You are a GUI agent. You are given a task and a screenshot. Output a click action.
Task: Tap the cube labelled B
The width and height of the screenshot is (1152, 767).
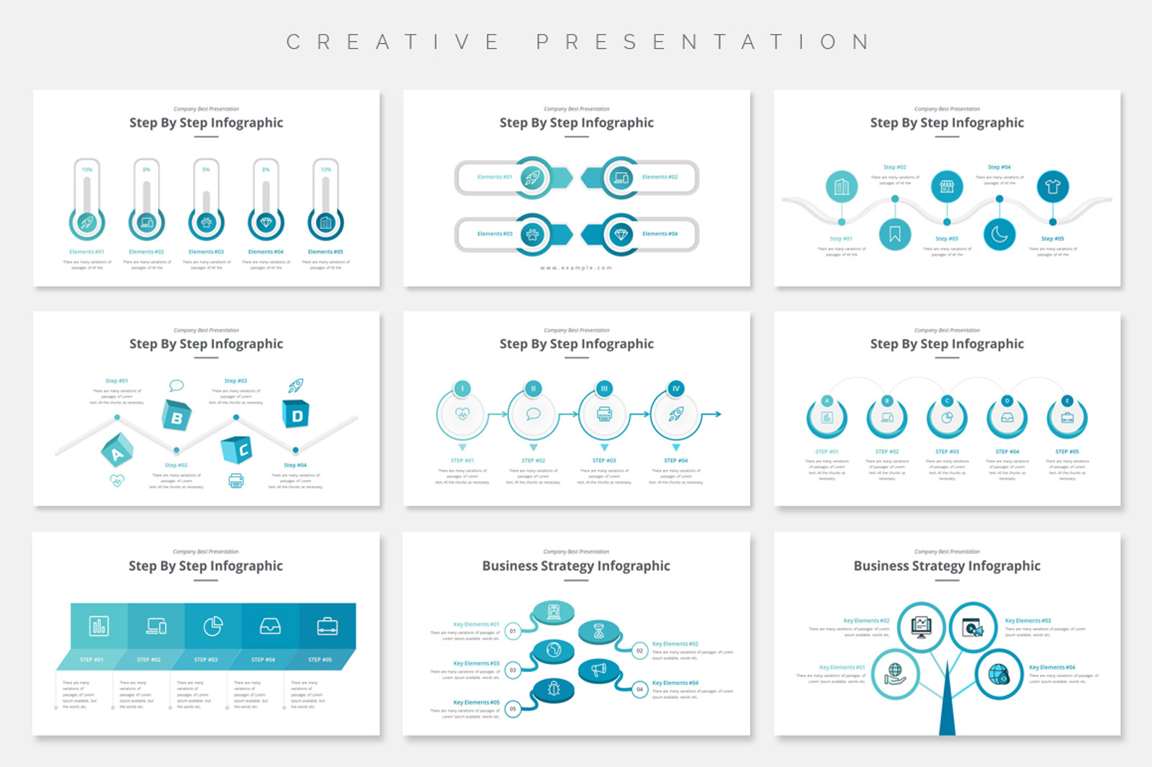pos(176,416)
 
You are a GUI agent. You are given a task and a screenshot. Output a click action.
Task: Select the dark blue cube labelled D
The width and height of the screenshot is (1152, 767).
pos(296,414)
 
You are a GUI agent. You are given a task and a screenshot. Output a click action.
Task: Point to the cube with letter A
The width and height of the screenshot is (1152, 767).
pos(117,452)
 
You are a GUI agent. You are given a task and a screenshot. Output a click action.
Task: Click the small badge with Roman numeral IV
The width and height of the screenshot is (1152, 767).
pos(675,388)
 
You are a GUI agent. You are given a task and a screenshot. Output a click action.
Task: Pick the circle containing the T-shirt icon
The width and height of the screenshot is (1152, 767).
pos(1053,187)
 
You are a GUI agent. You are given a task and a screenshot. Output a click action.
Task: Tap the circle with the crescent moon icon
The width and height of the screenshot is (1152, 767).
pos(999,234)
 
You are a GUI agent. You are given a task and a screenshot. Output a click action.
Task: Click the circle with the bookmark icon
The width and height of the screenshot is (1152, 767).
pos(895,234)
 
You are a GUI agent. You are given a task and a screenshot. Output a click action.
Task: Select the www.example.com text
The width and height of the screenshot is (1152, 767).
pos(576,268)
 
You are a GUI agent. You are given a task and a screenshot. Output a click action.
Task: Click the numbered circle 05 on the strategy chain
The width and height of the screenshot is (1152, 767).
pos(513,709)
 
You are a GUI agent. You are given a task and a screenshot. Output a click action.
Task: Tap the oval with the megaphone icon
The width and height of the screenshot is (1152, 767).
pos(599,670)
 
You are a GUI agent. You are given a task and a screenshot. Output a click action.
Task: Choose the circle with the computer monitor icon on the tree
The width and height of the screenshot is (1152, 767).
pos(921,626)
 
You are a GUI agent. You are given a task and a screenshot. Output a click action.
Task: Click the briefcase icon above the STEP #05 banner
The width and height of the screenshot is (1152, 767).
pos(327,627)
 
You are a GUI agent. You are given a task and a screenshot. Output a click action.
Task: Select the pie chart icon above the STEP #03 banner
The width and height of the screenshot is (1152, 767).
pos(212,627)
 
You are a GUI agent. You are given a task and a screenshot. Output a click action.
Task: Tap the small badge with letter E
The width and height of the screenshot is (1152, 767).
pos(1067,400)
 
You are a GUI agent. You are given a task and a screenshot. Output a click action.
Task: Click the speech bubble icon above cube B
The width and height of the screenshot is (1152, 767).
pos(176,385)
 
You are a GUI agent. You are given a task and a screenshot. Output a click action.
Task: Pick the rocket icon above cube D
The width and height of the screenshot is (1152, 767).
pos(296,385)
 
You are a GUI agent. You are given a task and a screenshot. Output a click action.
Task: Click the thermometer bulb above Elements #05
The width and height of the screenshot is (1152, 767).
pos(325,223)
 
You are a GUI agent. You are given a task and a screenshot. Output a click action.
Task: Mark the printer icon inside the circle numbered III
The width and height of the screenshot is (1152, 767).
pos(604,414)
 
